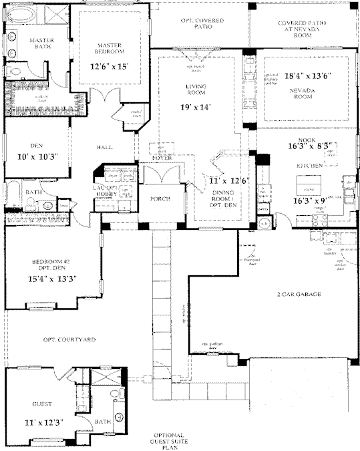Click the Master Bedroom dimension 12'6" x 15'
pos(108,67)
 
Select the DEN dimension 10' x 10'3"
pos(33,157)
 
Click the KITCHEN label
pos(310,164)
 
